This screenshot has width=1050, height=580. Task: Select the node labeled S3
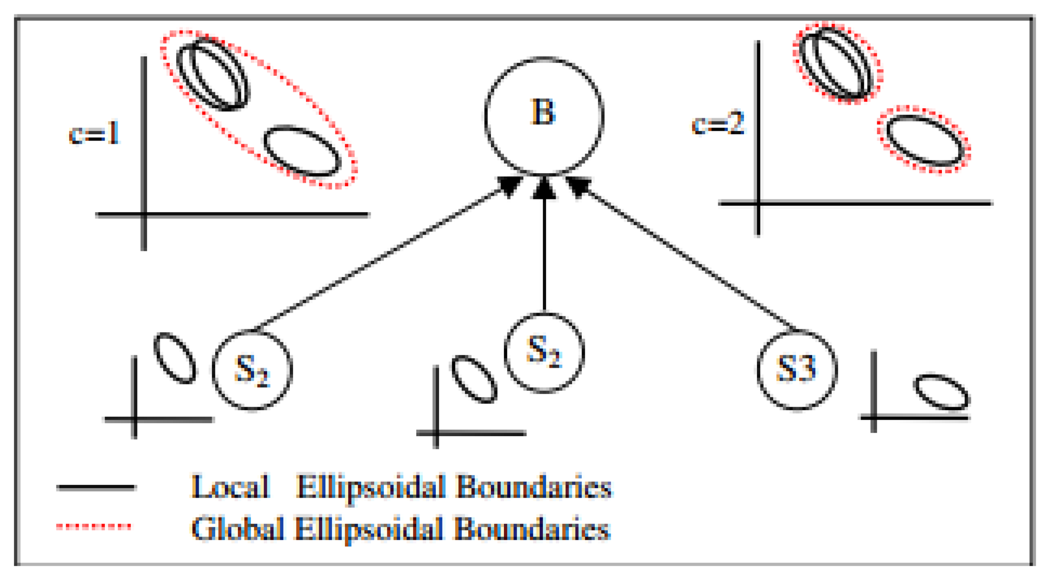pos(797,369)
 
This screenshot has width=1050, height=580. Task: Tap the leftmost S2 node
pos(252,369)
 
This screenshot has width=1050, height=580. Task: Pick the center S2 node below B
pos(544,352)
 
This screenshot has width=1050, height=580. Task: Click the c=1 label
pos(94,134)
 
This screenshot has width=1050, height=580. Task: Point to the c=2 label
pos(718,124)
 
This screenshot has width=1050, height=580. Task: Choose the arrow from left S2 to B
pos(385,256)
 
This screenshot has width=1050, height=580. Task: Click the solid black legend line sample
pos(96,488)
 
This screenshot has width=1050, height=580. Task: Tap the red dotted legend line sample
pos(94,526)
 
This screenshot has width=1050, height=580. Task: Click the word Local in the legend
pos(230,487)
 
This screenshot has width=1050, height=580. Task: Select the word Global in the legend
pos(237,528)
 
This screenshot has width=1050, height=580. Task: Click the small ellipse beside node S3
pos(942,392)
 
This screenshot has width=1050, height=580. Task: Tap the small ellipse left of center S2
pos(474,379)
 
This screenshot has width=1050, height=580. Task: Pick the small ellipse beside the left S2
pos(174,358)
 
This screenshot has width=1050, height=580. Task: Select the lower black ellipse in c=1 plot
pos(302,152)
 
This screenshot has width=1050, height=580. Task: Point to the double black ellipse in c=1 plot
pos(213,74)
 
